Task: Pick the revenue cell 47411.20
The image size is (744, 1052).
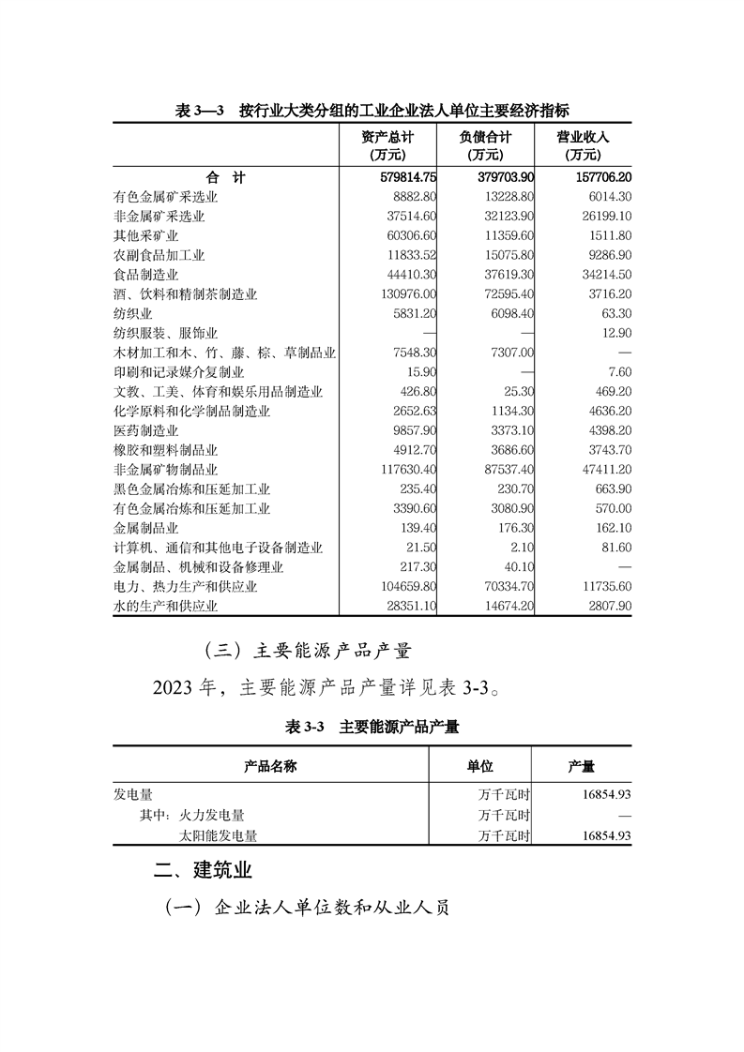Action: tap(600, 469)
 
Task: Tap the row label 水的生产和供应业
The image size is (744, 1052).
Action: tap(164, 606)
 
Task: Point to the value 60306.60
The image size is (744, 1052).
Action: tap(406, 235)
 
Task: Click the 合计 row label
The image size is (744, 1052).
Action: tap(225, 177)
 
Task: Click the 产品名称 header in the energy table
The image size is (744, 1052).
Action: tap(270, 767)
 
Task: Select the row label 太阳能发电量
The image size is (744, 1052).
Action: tap(218, 835)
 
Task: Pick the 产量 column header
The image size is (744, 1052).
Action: tap(581, 767)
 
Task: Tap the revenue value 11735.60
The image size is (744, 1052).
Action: tap(600, 587)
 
